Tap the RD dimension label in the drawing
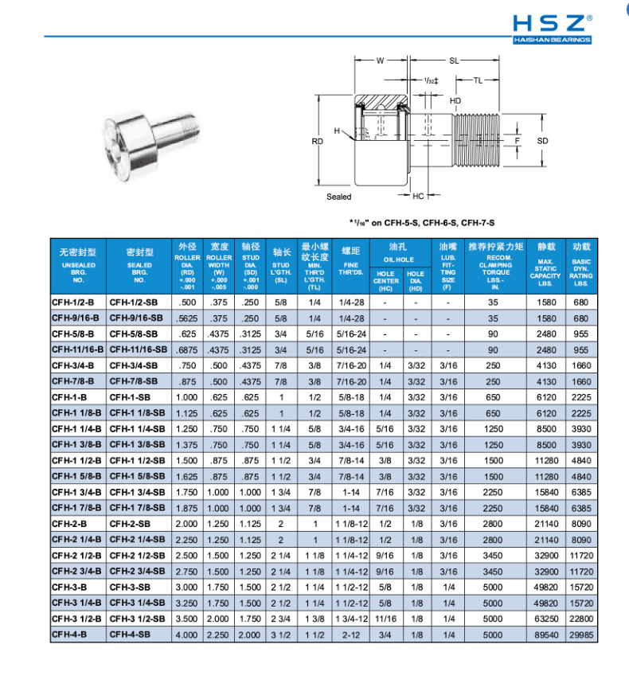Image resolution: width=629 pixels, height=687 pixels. [x=318, y=141]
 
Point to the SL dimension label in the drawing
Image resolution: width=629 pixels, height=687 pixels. [x=454, y=61]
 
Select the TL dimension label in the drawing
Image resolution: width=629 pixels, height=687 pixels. [x=478, y=80]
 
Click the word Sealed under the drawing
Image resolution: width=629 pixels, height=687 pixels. [x=338, y=197]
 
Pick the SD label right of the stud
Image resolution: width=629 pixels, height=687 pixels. [x=543, y=141]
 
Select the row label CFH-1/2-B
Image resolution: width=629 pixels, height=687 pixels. [x=73, y=303]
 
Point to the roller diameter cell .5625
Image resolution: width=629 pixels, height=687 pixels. [x=188, y=318]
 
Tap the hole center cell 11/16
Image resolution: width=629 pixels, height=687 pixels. [x=385, y=618]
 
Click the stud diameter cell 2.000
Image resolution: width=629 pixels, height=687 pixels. [x=250, y=634]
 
